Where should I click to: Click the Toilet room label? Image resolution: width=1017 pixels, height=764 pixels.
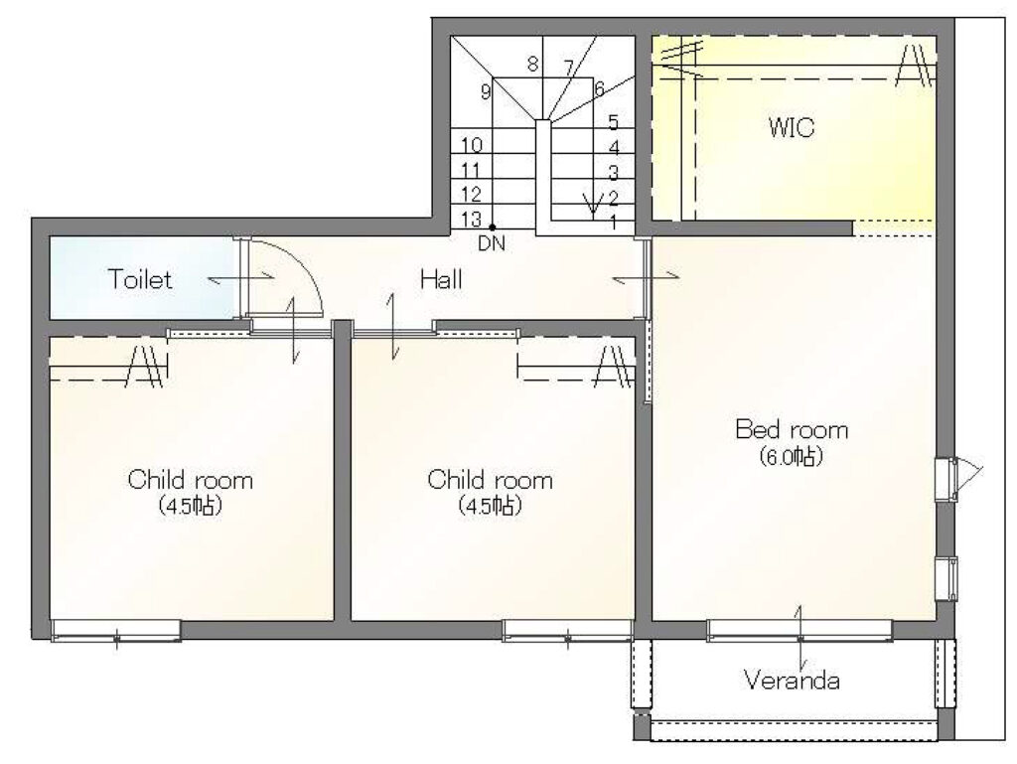click(x=140, y=279)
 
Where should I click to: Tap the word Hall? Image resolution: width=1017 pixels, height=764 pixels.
click(x=441, y=279)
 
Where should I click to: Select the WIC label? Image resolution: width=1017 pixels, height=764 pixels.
click(x=792, y=128)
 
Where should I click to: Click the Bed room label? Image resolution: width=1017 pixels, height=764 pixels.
click(x=792, y=429)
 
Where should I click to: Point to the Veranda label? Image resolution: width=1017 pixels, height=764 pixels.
click(x=792, y=681)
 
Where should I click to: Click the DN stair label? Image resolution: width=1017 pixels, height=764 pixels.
click(x=491, y=243)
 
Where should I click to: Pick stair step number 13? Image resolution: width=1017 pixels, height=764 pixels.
click(x=472, y=220)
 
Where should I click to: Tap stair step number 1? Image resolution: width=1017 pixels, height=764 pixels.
click(x=613, y=223)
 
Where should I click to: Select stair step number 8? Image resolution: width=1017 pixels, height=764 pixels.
click(x=532, y=65)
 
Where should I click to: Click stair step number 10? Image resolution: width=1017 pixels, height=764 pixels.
click(x=472, y=145)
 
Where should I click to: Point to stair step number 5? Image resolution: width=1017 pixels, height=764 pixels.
click(x=613, y=122)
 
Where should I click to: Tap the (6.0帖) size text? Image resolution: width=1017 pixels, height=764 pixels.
click(x=792, y=457)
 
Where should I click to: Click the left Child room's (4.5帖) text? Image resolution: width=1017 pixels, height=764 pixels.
click(x=191, y=506)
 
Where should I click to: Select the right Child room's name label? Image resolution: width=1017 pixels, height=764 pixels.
click(x=491, y=480)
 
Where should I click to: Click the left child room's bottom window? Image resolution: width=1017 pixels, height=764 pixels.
click(x=115, y=631)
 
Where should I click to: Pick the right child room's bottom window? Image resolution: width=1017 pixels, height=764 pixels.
click(x=567, y=631)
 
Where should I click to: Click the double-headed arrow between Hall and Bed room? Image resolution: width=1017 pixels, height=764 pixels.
click(x=646, y=277)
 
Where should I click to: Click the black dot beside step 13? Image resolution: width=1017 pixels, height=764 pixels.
click(x=493, y=227)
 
